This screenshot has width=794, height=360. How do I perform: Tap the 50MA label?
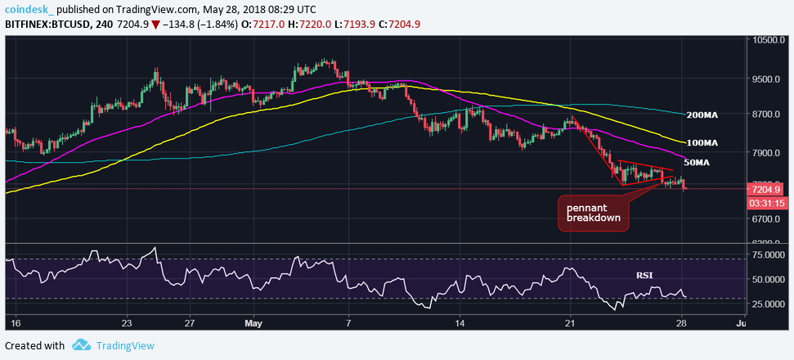(x=696, y=163)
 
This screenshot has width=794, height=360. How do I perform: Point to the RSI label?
(x=645, y=276)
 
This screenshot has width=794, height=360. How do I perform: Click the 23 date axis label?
(x=126, y=323)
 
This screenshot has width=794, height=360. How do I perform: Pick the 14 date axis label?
(x=460, y=323)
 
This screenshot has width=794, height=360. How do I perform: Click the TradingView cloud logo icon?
(x=80, y=345)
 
